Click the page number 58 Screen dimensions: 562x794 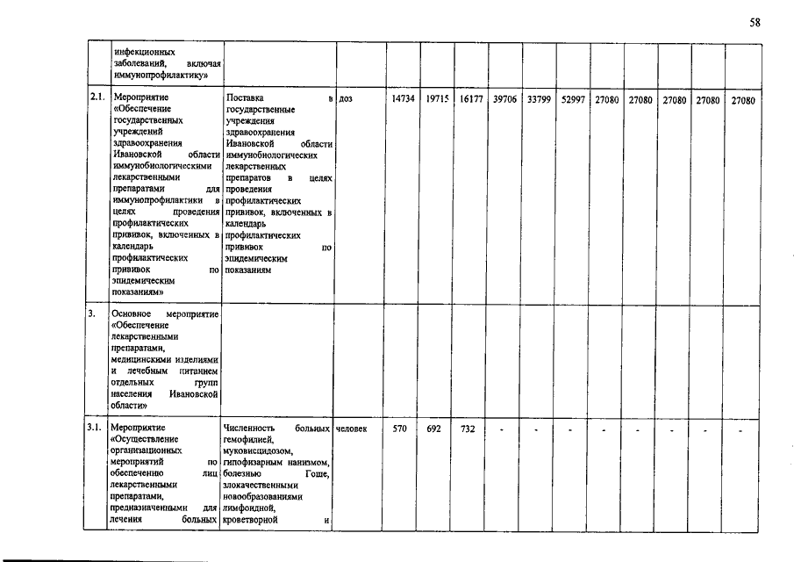[755, 23]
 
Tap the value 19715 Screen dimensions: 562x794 [437, 100]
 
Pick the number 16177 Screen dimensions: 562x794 [471, 100]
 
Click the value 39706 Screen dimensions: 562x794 [504, 100]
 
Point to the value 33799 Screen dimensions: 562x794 [539, 100]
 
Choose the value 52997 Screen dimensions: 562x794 [572, 100]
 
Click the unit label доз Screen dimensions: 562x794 [345, 100]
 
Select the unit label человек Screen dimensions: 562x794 [352, 429]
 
